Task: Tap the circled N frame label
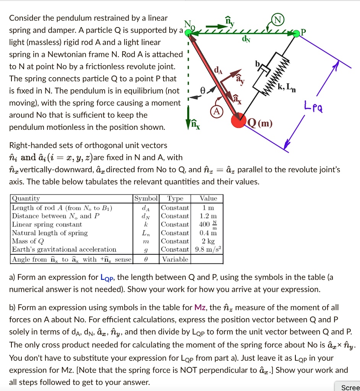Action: [277, 20]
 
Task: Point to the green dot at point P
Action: [297, 34]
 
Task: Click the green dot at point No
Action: [188, 33]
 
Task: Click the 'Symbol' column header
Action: [146, 199]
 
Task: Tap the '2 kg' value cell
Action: [208, 241]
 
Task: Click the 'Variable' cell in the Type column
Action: [175, 259]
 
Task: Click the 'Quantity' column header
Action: [26, 199]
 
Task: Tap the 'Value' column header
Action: [208, 199]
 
